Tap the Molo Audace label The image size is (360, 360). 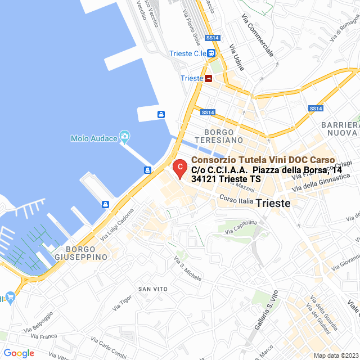(94, 138)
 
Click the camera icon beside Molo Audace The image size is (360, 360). (124, 137)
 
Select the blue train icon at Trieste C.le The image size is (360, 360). (211, 53)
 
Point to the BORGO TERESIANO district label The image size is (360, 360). (219, 136)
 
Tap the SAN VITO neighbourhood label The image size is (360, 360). (153, 289)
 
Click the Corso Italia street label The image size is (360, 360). (236, 200)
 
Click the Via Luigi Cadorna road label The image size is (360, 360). (118, 226)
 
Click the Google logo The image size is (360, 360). (19, 353)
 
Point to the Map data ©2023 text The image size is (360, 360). (335, 355)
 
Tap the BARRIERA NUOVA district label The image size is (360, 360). (339, 128)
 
